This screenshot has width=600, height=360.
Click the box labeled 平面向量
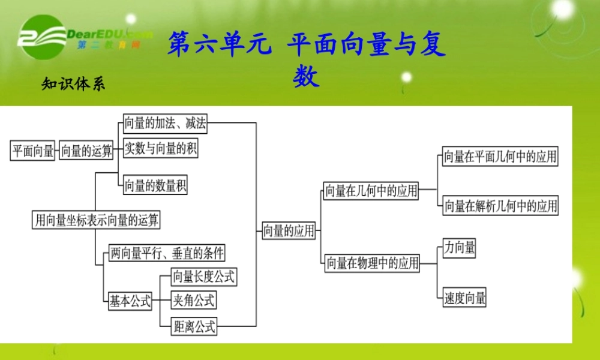coord(33,151)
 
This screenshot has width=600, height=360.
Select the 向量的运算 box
coord(87,151)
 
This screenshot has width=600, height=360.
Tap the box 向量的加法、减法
coord(164,124)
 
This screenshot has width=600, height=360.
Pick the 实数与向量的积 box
coord(160,148)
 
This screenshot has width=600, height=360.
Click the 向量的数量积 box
coord(155,186)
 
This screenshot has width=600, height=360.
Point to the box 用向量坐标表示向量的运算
coord(97,220)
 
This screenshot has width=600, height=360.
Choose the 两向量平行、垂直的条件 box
coord(166,253)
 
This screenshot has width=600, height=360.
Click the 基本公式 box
coord(130,301)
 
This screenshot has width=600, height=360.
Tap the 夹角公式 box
coord(193,300)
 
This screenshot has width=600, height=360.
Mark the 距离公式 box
coord(193,327)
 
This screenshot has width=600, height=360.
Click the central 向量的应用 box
coord(289,230)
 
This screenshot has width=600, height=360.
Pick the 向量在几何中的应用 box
coord(371,191)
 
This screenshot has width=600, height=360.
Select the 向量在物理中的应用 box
coord(372,263)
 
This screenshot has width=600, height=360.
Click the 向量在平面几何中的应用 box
coord(500,157)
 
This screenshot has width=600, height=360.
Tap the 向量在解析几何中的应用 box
coord(500,206)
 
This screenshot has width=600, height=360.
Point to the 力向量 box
coord(459,247)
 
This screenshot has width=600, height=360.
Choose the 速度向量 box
coord(464,298)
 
